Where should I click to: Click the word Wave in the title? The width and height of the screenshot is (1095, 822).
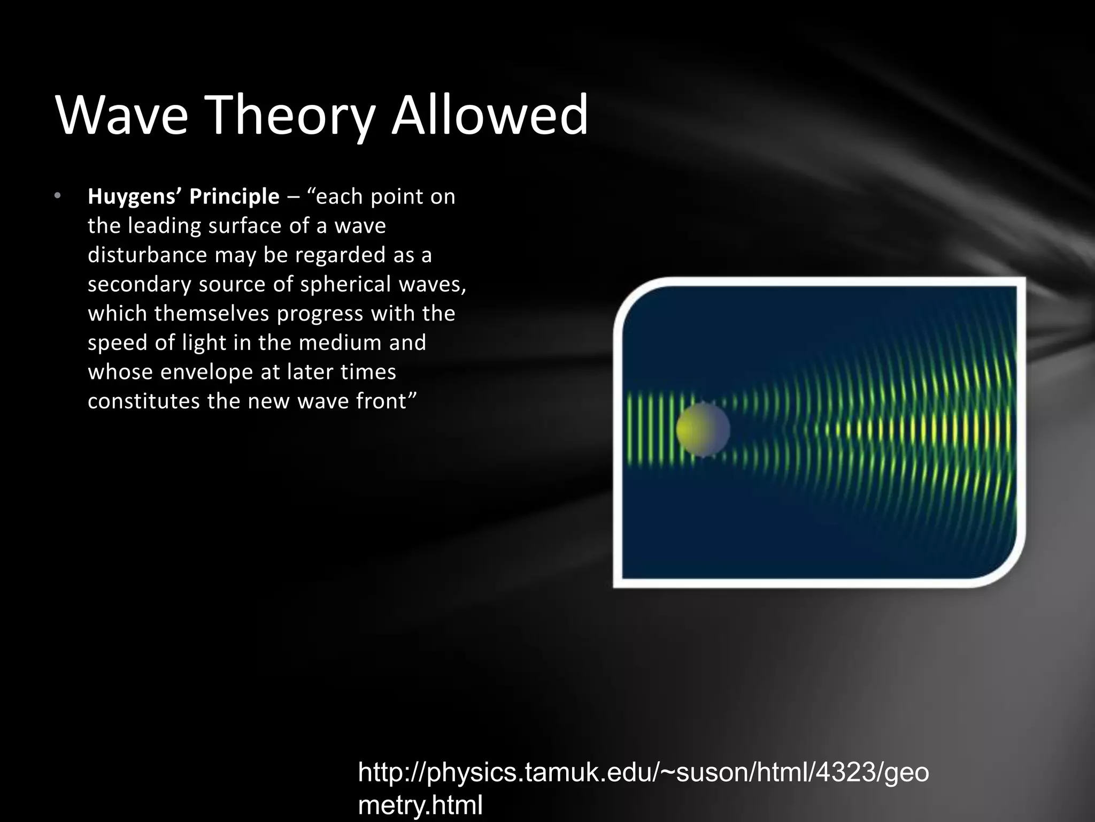(x=122, y=115)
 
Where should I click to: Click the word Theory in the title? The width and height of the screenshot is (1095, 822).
(x=289, y=115)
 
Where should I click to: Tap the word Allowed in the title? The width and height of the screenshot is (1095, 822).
(x=489, y=115)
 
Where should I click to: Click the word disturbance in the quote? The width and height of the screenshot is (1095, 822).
(x=147, y=255)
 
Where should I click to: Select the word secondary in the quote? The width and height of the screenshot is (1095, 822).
(x=139, y=284)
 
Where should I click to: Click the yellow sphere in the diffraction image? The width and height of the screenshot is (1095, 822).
(x=703, y=430)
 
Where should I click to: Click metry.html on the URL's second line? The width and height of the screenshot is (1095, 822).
(x=420, y=805)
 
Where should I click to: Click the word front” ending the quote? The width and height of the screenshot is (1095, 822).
(x=386, y=401)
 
